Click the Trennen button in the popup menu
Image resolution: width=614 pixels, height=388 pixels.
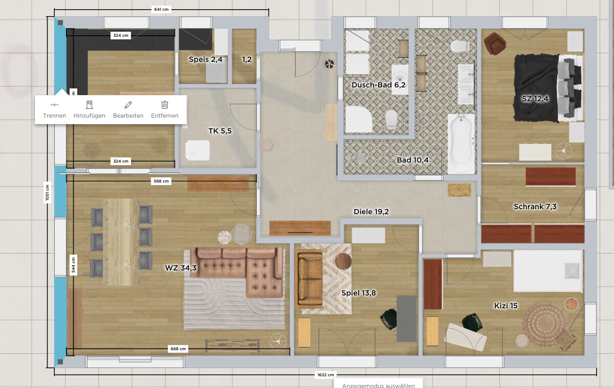54,110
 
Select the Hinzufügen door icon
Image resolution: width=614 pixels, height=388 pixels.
90,105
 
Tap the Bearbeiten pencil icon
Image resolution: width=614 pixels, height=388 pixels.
128,105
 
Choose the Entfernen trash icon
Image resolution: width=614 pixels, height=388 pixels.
164,105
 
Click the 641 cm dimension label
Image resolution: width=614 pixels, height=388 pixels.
161,9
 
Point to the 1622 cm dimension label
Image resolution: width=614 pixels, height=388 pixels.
325,375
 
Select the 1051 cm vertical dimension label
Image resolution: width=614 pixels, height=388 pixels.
47,192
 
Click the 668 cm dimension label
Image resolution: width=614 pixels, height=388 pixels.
178,349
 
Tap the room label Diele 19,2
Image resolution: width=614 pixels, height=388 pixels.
371,212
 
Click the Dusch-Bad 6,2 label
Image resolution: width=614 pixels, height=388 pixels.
378,85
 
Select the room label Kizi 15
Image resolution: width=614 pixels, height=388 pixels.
506,306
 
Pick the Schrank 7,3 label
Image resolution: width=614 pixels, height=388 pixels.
535,207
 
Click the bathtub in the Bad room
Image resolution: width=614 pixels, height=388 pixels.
461,144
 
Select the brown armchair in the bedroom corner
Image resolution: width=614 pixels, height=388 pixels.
494,43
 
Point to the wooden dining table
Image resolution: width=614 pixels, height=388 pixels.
121,242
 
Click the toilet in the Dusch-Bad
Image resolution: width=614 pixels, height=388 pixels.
391,120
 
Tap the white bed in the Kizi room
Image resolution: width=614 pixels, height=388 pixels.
547,271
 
